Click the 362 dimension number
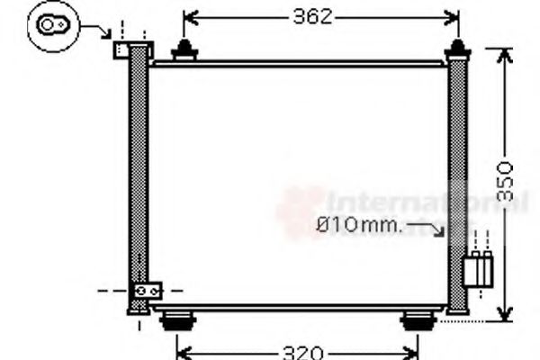pyautogui.click(x=312, y=16)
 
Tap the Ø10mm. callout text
pyautogui.click(x=358, y=223)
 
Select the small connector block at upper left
pyautogui.click(x=122, y=49)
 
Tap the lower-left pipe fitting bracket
pyautogui.click(x=147, y=292)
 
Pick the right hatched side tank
pyautogui.click(x=458, y=180)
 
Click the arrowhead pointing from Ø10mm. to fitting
pyautogui.click(x=440, y=232)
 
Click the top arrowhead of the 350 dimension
pyautogui.click(x=504, y=55)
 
